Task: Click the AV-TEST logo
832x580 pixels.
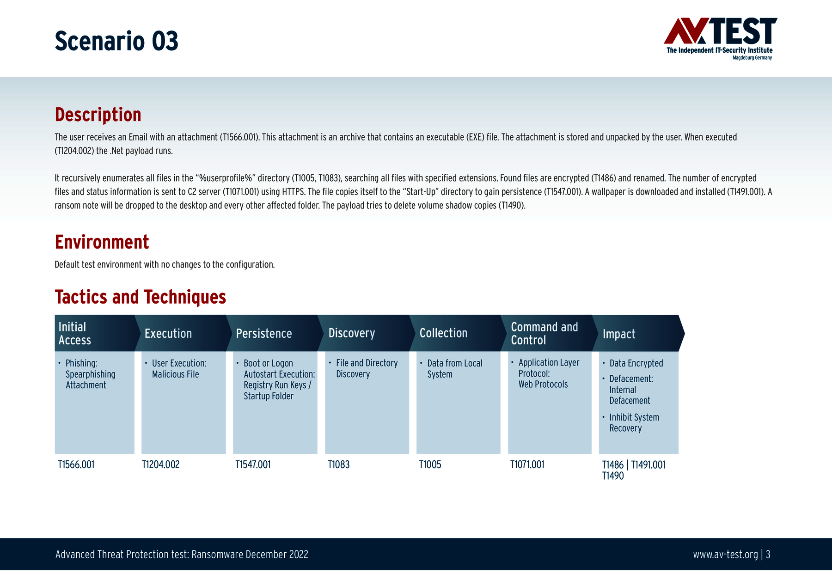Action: [x=720, y=39]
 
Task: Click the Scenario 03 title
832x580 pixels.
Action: [x=116, y=41]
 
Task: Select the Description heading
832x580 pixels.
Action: [x=98, y=115]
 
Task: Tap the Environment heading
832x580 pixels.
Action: [x=102, y=242]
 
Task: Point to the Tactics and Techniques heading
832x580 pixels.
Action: [x=141, y=297]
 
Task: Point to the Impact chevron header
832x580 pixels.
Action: [x=638, y=333]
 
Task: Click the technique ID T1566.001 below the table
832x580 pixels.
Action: [x=76, y=464]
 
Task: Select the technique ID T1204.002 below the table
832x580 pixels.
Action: [x=161, y=464]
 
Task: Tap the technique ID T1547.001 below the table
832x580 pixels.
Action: [x=253, y=464]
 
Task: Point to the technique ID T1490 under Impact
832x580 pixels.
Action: [x=613, y=476]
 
